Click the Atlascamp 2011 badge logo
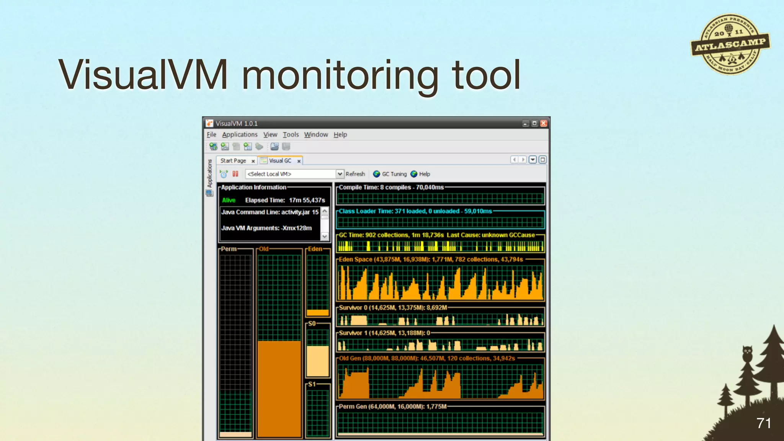(x=730, y=45)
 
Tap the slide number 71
(x=763, y=423)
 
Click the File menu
(x=211, y=134)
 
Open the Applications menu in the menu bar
(x=240, y=134)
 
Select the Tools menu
(x=291, y=134)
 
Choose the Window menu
(x=316, y=134)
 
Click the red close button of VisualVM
(x=543, y=123)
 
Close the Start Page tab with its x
(x=253, y=161)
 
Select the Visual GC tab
(x=280, y=161)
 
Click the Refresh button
(x=355, y=174)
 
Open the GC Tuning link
(x=394, y=174)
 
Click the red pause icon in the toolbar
(x=235, y=174)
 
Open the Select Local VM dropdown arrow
(x=340, y=174)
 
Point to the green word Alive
(x=229, y=200)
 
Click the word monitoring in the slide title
(x=340, y=75)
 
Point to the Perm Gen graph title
(x=392, y=407)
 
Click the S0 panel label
(x=312, y=323)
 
